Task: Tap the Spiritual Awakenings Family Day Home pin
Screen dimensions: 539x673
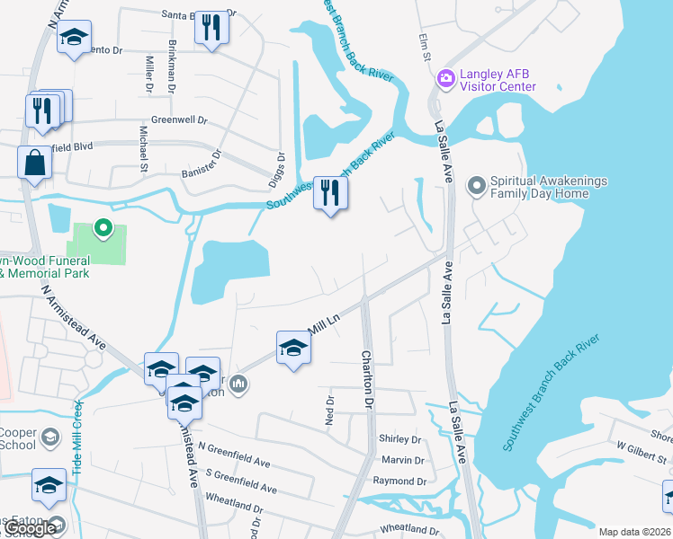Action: pos(476,186)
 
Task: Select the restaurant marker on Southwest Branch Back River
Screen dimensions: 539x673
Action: pos(330,193)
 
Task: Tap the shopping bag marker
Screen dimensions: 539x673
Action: pos(34,163)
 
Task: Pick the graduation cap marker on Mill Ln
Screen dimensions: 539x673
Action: pos(293,347)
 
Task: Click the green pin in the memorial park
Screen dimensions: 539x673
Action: pos(103,227)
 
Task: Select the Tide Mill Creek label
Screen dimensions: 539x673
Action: pos(77,445)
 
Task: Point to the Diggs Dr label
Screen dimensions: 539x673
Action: pos(281,168)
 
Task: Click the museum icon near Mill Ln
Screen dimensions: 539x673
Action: pos(238,385)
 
